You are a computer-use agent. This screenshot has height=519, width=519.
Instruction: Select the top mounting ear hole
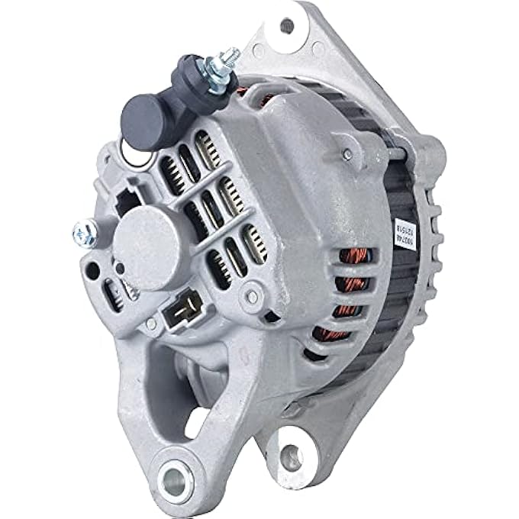pyautogui.click(x=287, y=25)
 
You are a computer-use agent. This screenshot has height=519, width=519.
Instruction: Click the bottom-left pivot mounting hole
pyautogui.click(x=176, y=479)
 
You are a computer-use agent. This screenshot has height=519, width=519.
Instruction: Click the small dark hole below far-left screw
pyautogui.click(x=93, y=269)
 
